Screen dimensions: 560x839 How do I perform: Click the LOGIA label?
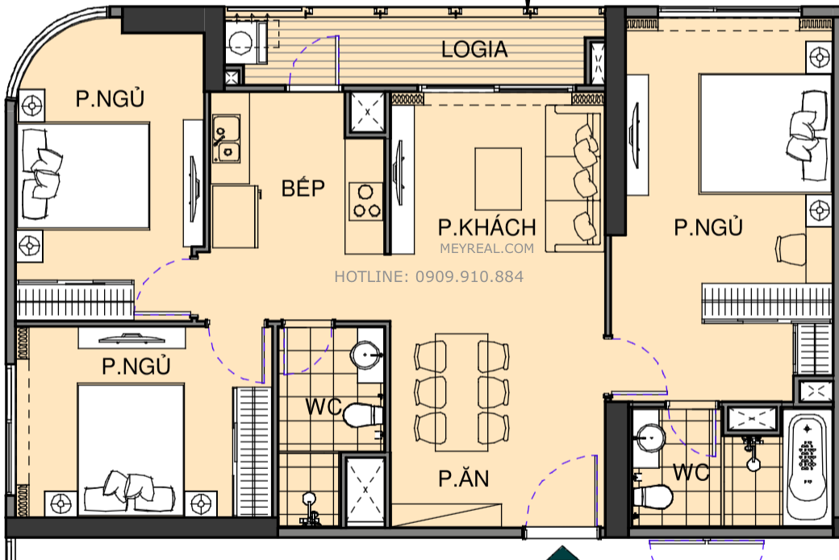pyautogui.click(x=474, y=50)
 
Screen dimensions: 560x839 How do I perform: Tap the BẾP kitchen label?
pyautogui.click(x=303, y=189)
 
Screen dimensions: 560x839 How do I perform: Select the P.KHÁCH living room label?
pyautogui.click(x=486, y=226)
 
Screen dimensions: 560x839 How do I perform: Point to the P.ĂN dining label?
pyautogui.click(x=464, y=479)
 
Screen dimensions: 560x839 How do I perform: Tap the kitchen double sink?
pyautogui.click(x=226, y=139)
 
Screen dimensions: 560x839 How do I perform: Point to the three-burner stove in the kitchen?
pyautogui.click(x=367, y=201)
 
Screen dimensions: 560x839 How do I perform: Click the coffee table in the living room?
pyautogui.click(x=498, y=178)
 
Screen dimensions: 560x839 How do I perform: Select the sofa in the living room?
pyautogui.click(x=574, y=178)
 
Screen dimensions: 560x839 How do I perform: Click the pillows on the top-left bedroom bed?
pyautogui.click(x=42, y=173)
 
